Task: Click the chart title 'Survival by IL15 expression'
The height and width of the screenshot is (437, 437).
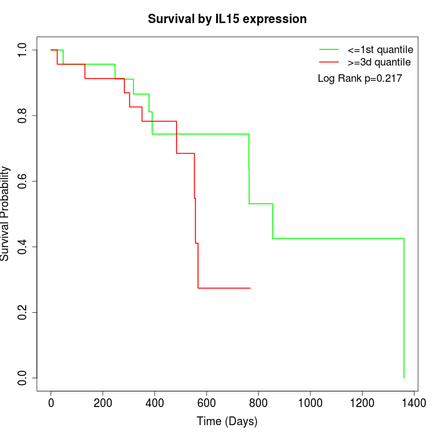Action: [x=227, y=19]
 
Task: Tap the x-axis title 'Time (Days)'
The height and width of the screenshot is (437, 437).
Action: [x=227, y=421]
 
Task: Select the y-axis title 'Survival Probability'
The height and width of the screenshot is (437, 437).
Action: [x=6, y=214]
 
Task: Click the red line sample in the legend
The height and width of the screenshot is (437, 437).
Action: [x=328, y=62]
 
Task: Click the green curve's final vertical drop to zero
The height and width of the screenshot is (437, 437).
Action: [x=404, y=309]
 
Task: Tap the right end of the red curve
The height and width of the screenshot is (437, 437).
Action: [x=250, y=288]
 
